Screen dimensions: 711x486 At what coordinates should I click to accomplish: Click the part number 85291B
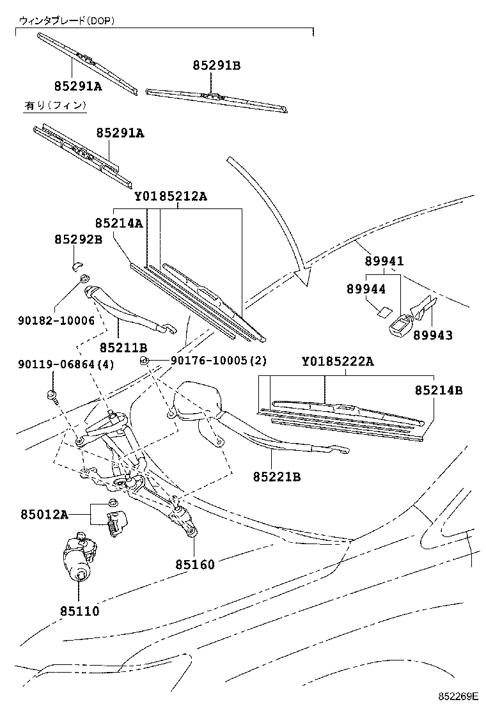click(216, 65)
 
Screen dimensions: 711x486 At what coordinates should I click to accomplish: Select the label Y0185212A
click(171, 196)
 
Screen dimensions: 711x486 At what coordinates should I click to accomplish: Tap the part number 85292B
click(78, 240)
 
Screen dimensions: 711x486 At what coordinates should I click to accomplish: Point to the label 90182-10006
click(56, 320)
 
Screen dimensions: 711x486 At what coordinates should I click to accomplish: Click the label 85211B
click(123, 347)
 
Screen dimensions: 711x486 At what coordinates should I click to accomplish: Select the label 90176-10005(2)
click(219, 361)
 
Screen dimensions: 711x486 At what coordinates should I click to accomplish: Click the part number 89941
click(384, 262)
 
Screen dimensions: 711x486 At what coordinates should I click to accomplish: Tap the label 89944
click(366, 289)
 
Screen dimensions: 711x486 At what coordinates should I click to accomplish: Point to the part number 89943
click(432, 335)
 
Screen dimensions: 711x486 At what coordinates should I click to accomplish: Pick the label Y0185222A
click(338, 362)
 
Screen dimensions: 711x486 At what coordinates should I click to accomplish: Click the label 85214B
click(439, 389)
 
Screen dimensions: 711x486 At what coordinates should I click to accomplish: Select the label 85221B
click(277, 476)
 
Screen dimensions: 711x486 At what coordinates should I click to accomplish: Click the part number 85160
click(195, 564)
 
